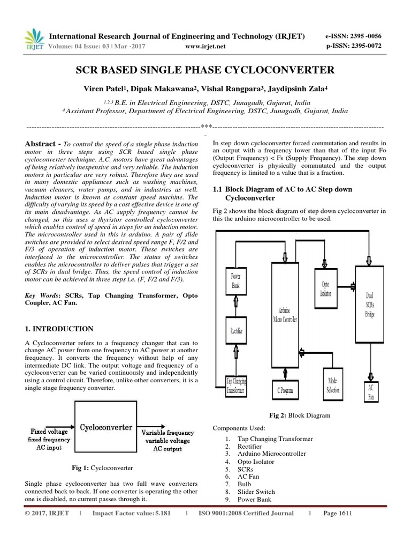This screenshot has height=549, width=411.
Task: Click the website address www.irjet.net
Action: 204,46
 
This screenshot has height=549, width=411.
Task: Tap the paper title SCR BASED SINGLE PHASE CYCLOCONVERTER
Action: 205,70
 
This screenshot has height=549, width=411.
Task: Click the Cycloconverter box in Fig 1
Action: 106,427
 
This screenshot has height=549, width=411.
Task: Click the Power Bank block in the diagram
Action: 235,281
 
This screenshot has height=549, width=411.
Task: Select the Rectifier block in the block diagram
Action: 236,330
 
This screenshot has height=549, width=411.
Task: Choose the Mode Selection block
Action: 333,385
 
